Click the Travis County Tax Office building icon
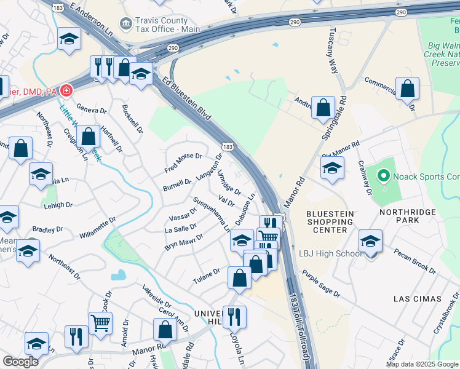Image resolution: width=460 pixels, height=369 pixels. pos(127,23)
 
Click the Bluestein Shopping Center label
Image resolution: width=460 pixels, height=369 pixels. pos(330,221)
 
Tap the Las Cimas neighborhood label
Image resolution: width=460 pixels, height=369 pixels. pos(418,298)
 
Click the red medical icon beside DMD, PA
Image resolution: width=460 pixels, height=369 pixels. pos(66,91)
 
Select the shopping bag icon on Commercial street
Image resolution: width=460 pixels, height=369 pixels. pos(407,89)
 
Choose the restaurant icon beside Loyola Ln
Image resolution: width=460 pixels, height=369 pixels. pos(234,317)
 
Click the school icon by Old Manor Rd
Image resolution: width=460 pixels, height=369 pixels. pos(332,167)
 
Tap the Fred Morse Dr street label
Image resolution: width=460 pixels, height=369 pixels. pos(183,163)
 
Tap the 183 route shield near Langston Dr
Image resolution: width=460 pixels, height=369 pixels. pos(228,146)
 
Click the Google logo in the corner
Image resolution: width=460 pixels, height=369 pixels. pos(20,362)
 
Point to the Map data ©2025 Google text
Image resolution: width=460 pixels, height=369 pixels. pos(422,364)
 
